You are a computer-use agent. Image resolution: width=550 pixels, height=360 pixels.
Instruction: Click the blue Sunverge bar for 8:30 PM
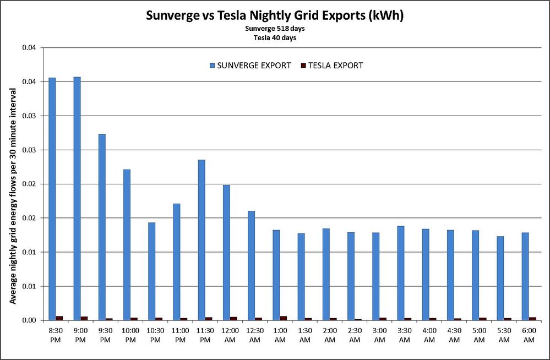point(52,198)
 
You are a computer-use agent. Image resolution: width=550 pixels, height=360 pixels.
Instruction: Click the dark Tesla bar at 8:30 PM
point(59,318)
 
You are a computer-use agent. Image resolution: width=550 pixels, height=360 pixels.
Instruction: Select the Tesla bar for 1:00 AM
point(284,318)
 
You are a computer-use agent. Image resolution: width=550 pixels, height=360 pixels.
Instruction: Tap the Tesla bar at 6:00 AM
point(532,319)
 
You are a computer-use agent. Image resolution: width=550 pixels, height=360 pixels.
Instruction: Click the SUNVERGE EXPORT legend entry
point(250,66)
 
